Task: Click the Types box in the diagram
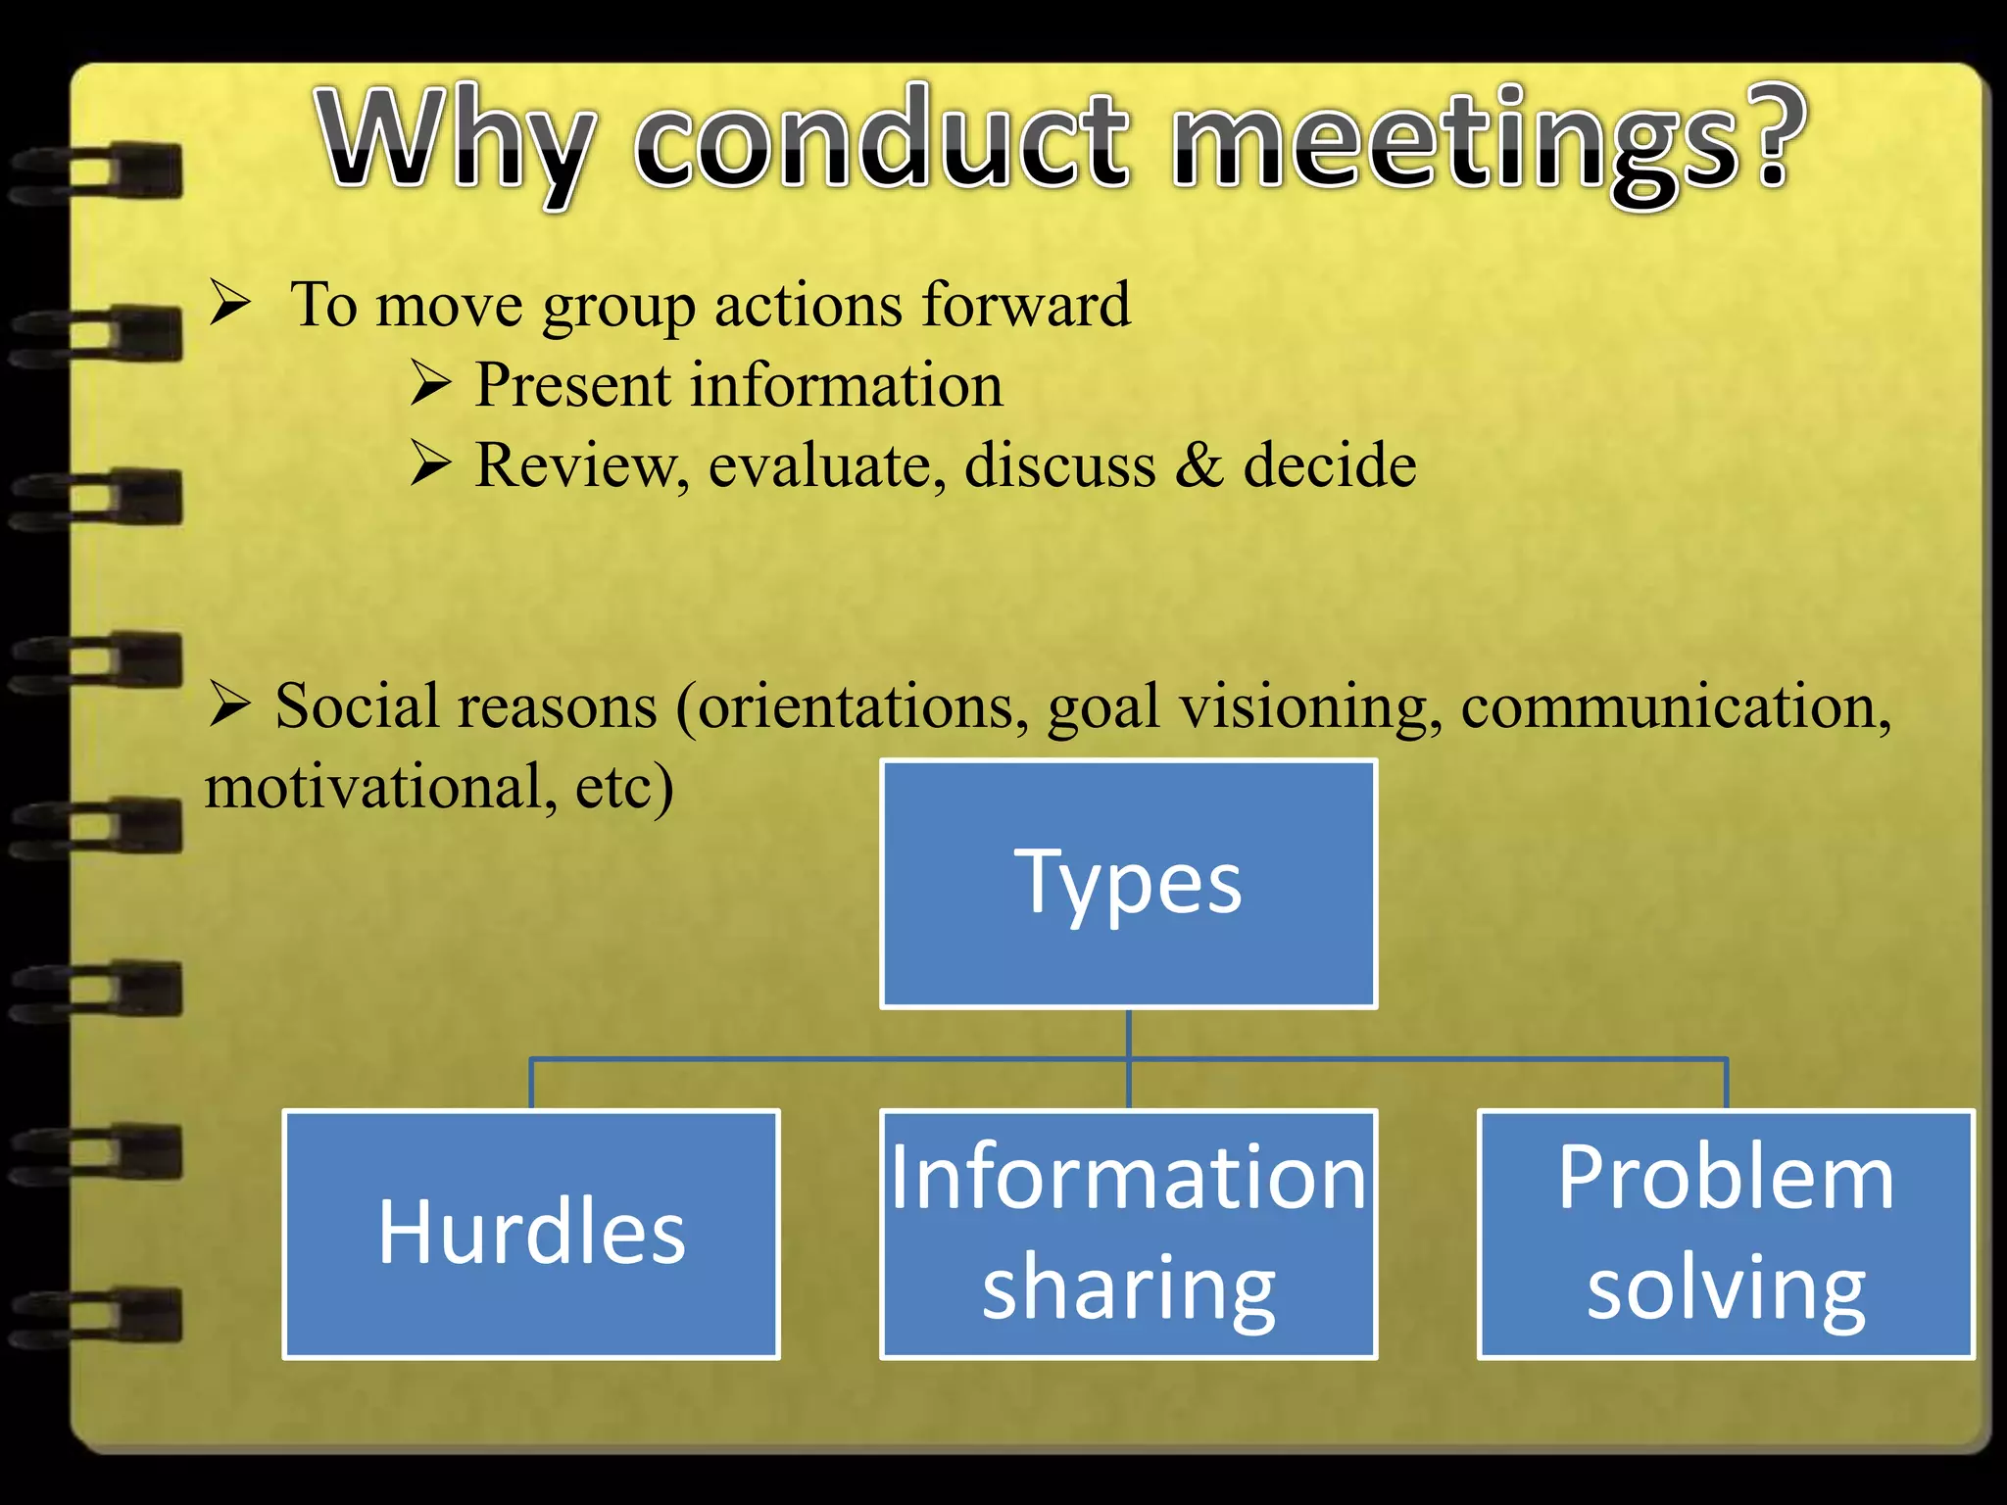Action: (1128, 883)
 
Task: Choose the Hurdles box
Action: (531, 1234)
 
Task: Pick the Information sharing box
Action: (1128, 1234)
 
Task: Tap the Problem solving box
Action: (1726, 1234)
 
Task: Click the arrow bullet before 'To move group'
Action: (231, 303)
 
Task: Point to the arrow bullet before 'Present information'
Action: (431, 383)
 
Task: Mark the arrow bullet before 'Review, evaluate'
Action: (431, 463)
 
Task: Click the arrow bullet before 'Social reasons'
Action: (231, 704)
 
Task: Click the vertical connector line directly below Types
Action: (1129, 1034)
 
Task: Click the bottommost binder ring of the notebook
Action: (98, 1316)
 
